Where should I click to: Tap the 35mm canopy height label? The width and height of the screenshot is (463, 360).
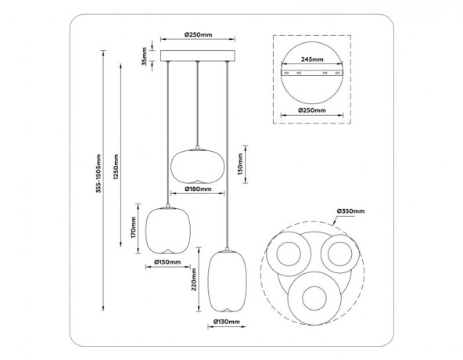pos(144,57)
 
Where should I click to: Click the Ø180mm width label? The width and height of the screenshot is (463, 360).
pos(198,189)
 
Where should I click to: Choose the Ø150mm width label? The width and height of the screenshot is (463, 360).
pos(167,262)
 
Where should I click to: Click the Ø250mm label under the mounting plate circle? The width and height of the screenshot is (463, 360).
pos(313,110)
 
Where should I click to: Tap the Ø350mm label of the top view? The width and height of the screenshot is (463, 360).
pos(350,211)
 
